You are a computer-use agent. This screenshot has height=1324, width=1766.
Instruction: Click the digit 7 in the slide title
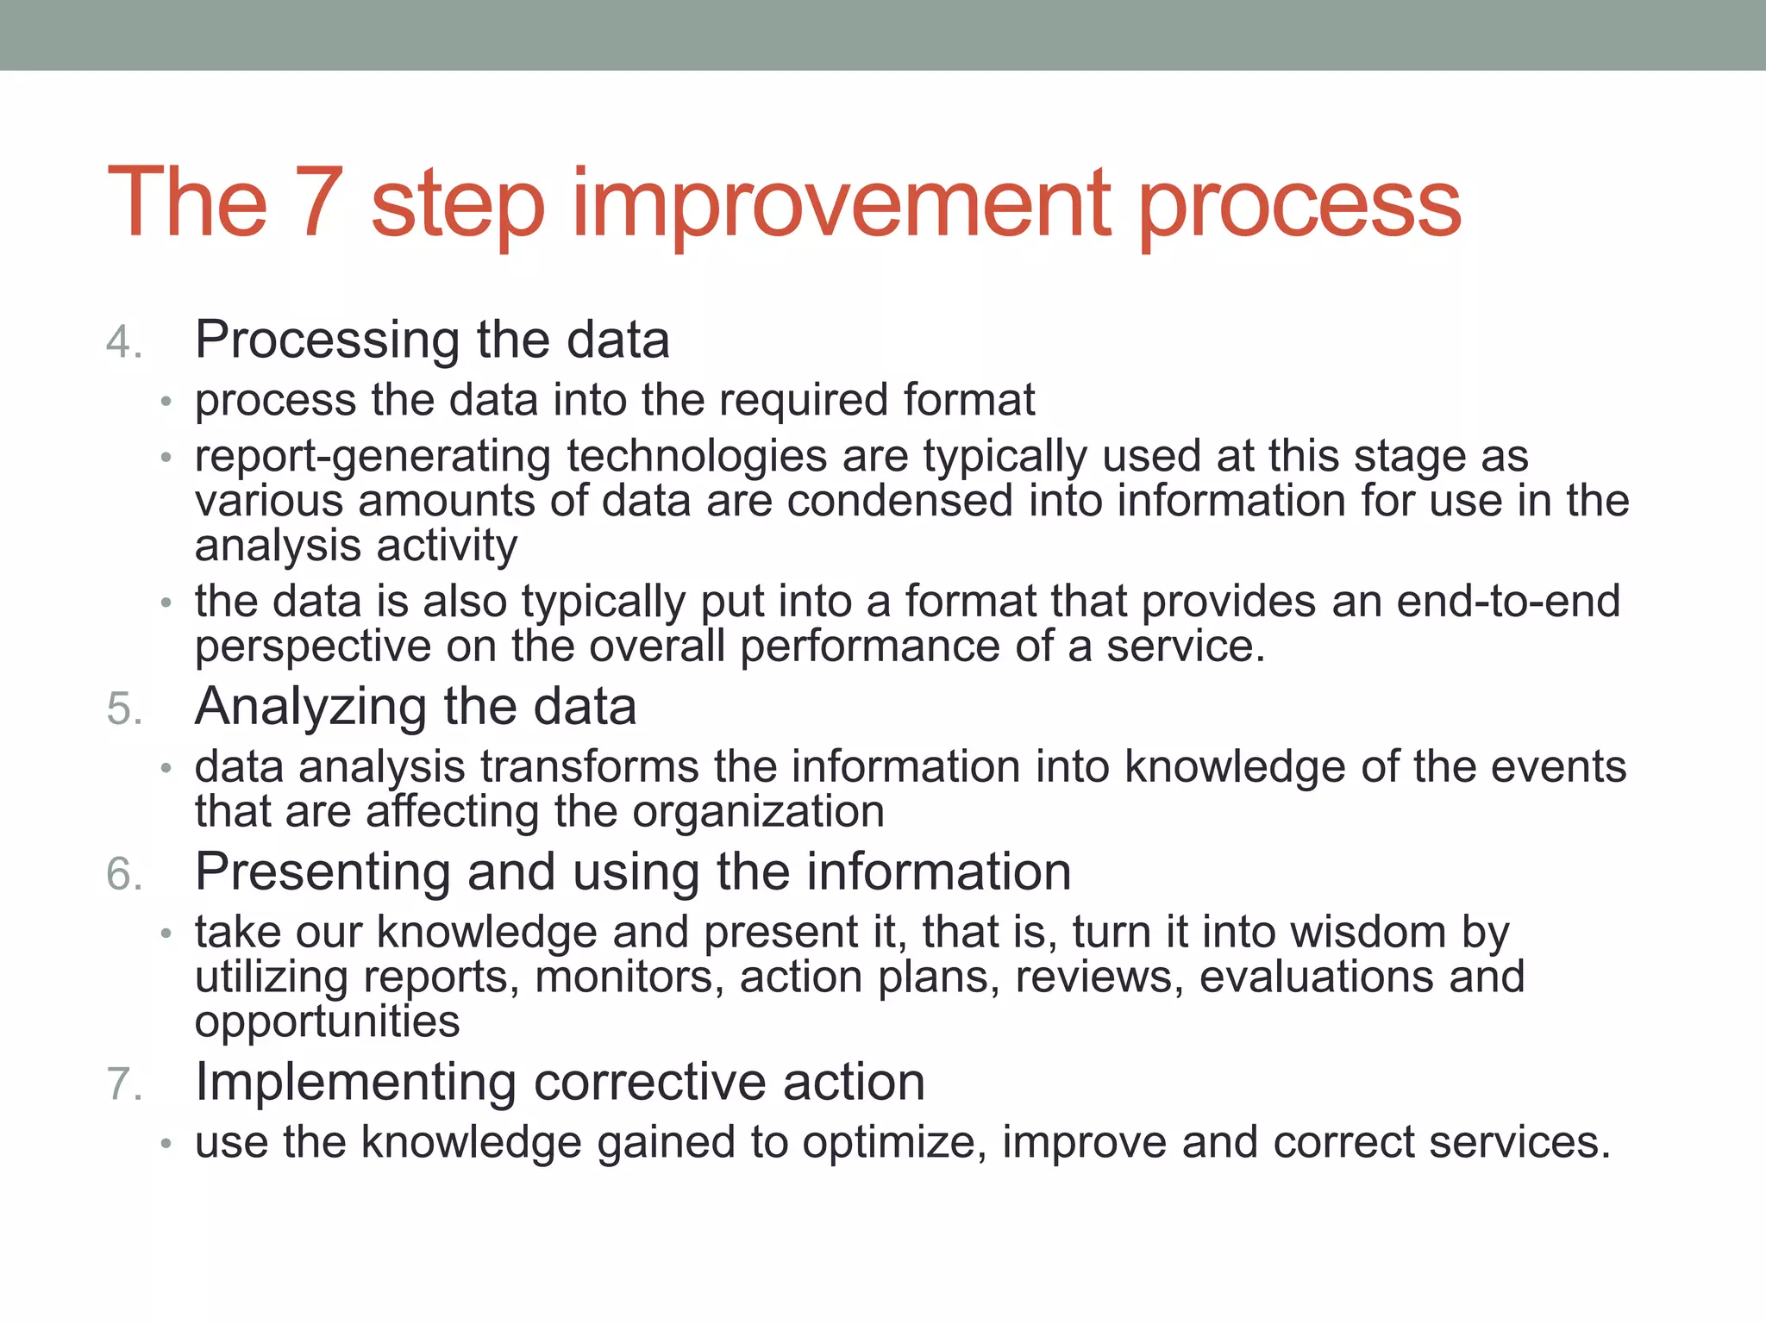pyautogui.click(x=318, y=203)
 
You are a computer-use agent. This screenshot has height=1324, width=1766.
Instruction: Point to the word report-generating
pyautogui.click(x=373, y=457)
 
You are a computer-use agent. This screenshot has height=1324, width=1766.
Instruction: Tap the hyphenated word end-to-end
pyautogui.click(x=1508, y=602)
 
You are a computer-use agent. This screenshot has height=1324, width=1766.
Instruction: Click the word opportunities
pyautogui.click(x=328, y=1022)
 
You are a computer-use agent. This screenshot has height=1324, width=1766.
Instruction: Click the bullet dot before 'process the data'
pyautogui.click(x=166, y=403)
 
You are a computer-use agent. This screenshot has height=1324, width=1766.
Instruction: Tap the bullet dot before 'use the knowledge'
pyautogui.click(x=166, y=1145)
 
